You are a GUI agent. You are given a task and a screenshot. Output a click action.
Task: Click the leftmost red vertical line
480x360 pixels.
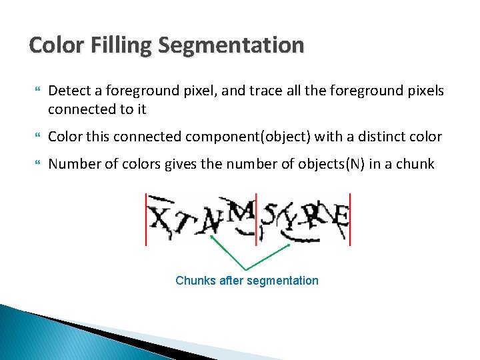pyautogui.click(x=146, y=219)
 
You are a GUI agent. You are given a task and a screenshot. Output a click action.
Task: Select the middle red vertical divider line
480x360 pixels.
pyautogui.click(x=257, y=219)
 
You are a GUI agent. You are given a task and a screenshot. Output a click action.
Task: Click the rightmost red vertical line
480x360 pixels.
pyautogui.click(x=350, y=219)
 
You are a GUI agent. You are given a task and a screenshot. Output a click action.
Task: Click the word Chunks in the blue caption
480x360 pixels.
pyautogui.click(x=195, y=281)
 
